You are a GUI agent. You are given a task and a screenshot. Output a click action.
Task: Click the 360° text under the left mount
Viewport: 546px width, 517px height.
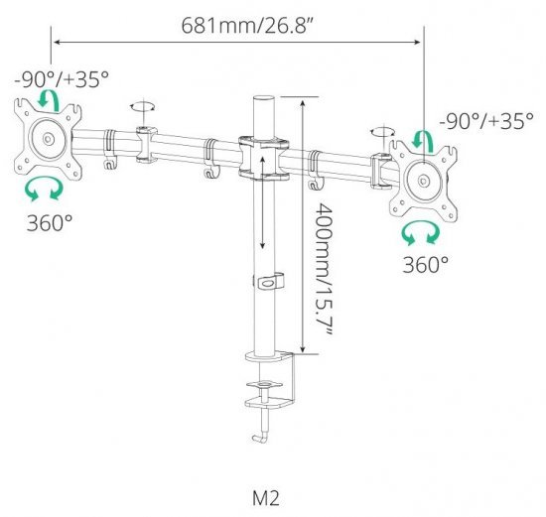pyautogui.click(x=49, y=223)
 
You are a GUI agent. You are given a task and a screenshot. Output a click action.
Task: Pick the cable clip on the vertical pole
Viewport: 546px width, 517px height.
pyautogui.click(x=266, y=282)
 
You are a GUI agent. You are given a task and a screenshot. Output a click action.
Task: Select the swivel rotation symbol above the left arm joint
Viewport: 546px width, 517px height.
pyautogui.click(x=145, y=106)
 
